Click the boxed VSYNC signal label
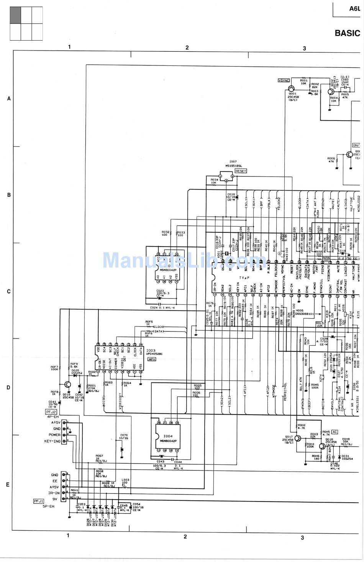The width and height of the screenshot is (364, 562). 284,80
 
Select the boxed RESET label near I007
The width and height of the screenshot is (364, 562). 241,171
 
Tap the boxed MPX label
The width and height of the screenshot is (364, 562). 152,359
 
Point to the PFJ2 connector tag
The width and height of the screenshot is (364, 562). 51,412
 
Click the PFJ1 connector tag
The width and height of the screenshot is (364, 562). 39,501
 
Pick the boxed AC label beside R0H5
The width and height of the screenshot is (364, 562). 334,431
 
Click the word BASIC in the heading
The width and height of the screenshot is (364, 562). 347,33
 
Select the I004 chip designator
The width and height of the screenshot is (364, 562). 168,436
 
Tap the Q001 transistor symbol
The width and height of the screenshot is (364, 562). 292,89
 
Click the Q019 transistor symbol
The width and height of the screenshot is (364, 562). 67,385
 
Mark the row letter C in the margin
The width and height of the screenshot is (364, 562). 9,291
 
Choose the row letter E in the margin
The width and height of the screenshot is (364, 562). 8,484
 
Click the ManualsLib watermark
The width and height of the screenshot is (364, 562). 180,260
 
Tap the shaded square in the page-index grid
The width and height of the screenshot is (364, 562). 15,15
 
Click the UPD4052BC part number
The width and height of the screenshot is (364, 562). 154,354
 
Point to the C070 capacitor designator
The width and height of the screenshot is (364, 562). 124,435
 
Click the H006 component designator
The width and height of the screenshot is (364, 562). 299,310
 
